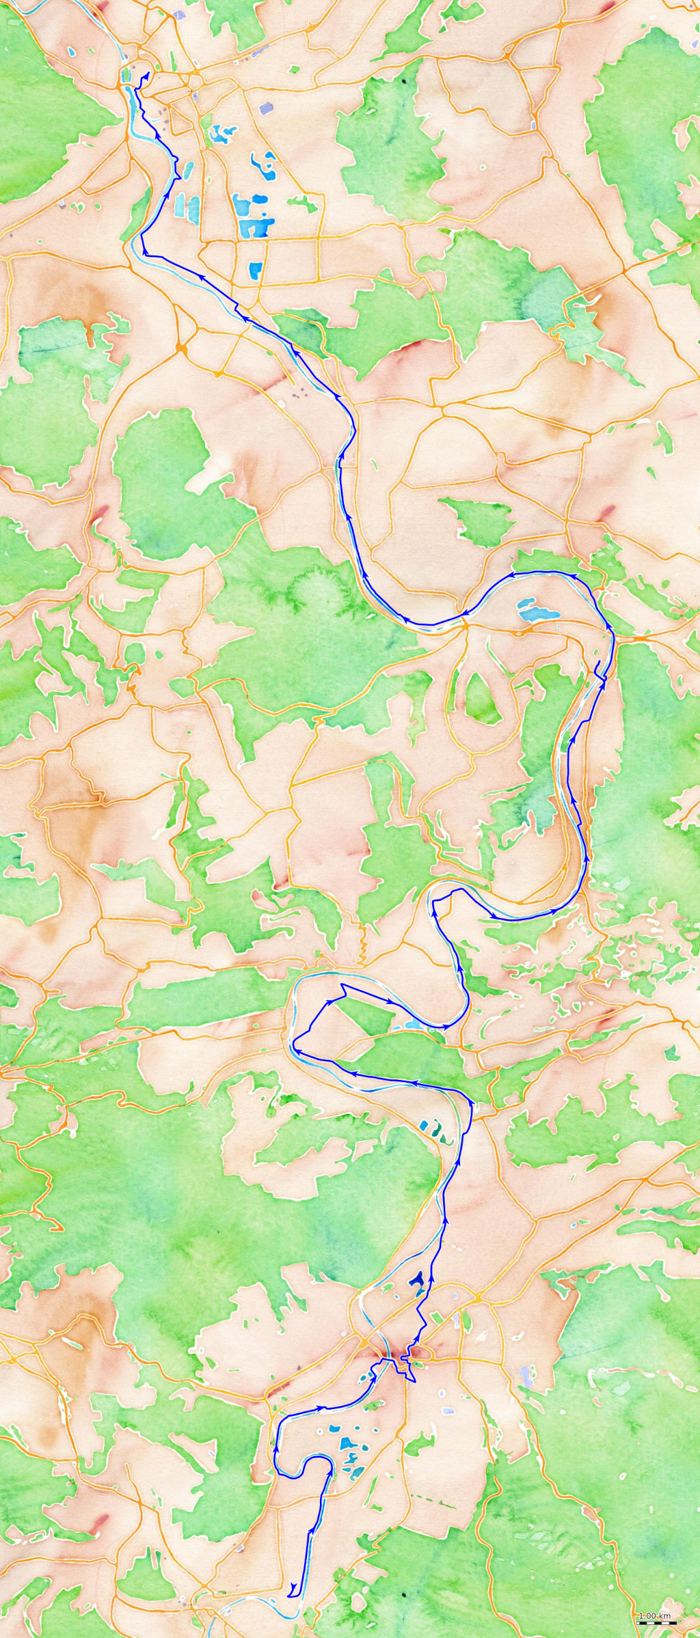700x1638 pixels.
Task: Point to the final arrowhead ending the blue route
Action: click(x=148, y=74)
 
